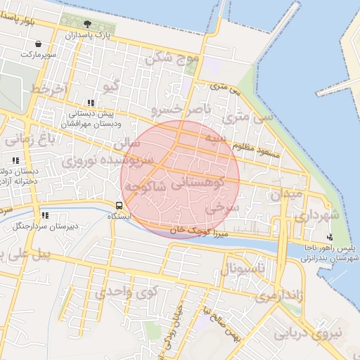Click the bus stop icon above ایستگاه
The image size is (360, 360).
click(119, 206)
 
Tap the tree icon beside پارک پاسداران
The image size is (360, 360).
click(87, 25)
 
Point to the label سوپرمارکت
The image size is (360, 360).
click(37, 54)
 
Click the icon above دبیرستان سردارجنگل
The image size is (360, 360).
click(45, 216)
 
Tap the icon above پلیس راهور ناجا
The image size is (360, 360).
click(330, 237)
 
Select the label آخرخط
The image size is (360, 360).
click(49, 89)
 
